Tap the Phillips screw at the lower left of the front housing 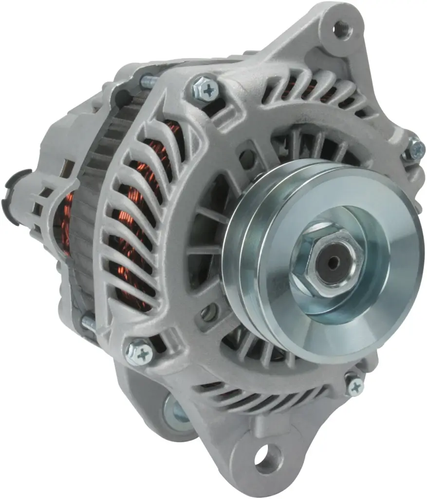point(139,352)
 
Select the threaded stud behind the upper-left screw point(148,81)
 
